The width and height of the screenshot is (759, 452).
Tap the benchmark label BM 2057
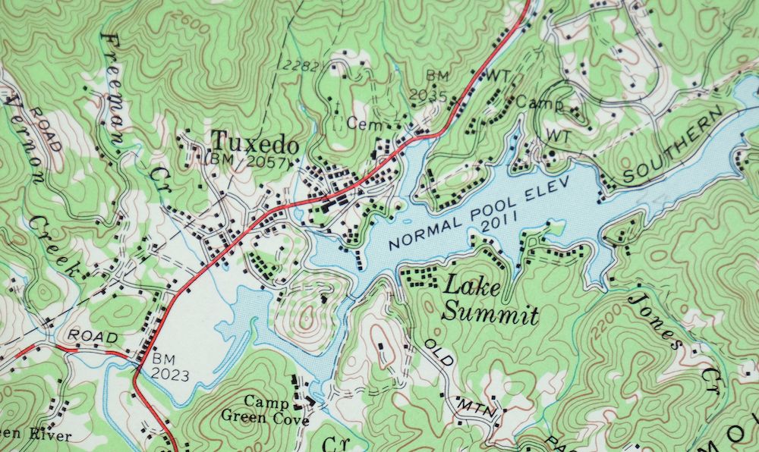[x=248, y=162]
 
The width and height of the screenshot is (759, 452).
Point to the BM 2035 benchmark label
[x=439, y=85]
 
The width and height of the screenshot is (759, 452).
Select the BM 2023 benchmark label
[x=170, y=367]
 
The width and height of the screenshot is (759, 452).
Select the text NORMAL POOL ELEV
[x=451, y=225]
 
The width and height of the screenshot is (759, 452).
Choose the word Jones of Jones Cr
[x=650, y=319]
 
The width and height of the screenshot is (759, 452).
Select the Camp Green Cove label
[x=265, y=410]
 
